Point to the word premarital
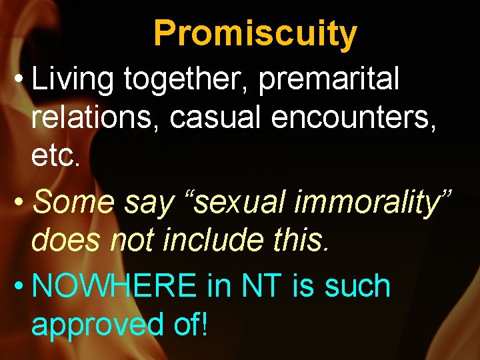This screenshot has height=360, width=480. tap(329, 80)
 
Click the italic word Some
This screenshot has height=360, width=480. tap(75, 202)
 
